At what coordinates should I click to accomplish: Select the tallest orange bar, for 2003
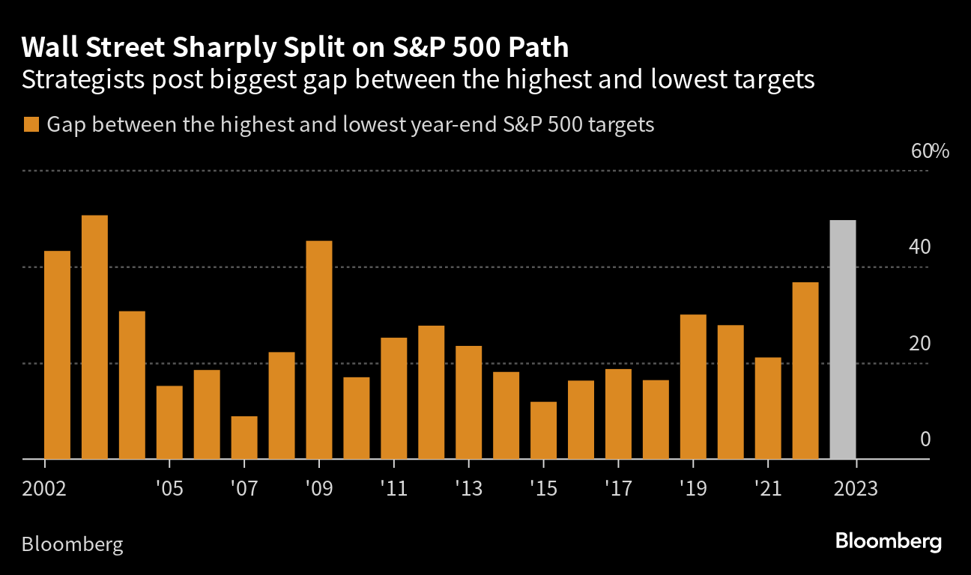click(x=94, y=337)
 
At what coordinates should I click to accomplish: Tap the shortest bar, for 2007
click(x=244, y=437)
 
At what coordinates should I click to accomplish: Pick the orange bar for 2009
click(x=319, y=350)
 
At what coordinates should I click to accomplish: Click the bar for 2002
click(x=57, y=355)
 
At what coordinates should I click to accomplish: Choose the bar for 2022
click(x=805, y=371)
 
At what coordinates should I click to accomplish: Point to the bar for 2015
click(x=543, y=431)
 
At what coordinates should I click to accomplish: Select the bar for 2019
click(x=693, y=386)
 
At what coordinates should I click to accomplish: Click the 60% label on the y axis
click(x=930, y=151)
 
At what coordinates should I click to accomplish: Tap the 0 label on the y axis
click(x=925, y=439)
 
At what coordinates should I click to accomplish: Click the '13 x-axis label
click(x=468, y=490)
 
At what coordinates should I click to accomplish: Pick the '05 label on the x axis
click(x=169, y=490)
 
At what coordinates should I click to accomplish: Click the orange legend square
click(x=31, y=125)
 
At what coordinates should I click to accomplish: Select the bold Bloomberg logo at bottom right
click(x=888, y=541)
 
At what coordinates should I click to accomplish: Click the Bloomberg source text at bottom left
click(x=72, y=544)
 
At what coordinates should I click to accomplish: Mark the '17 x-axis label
click(x=618, y=490)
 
